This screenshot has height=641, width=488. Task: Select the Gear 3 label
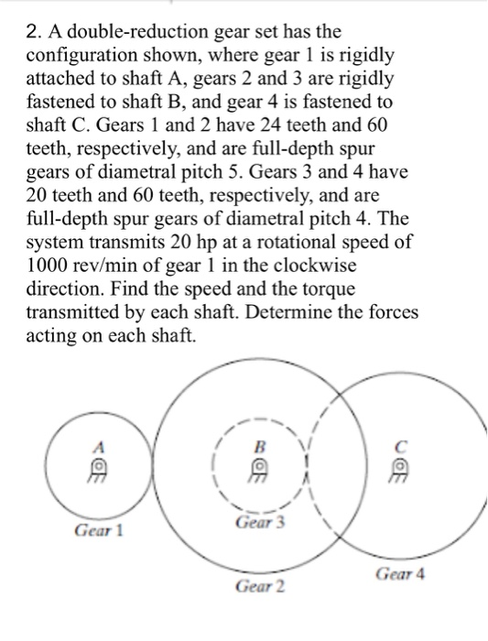261,523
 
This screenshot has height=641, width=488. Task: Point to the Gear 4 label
400,574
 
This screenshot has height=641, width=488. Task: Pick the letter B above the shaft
258,449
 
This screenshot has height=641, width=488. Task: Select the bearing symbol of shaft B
259,469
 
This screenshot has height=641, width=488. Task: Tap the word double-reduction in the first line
134,32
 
